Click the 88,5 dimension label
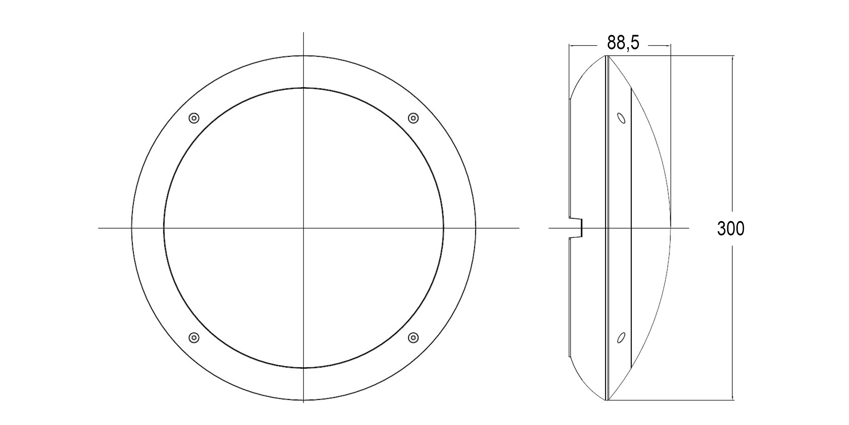(623, 43)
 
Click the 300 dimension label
(731, 229)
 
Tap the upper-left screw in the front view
(194, 118)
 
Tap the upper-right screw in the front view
(413, 118)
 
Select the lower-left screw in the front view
(194, 338)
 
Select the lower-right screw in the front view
(413, 338)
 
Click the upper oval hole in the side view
(621, 118)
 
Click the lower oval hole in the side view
(621, 338)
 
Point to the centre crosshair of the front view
(304, 228)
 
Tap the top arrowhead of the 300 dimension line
(733, 58)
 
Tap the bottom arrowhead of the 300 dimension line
(733, 398)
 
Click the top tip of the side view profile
(607, 56)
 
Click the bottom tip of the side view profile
(607, 400)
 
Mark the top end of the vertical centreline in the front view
(304, 33)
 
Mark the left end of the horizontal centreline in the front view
(99, 228)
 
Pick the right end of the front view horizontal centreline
(519, 228)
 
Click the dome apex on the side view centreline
(670, 228)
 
